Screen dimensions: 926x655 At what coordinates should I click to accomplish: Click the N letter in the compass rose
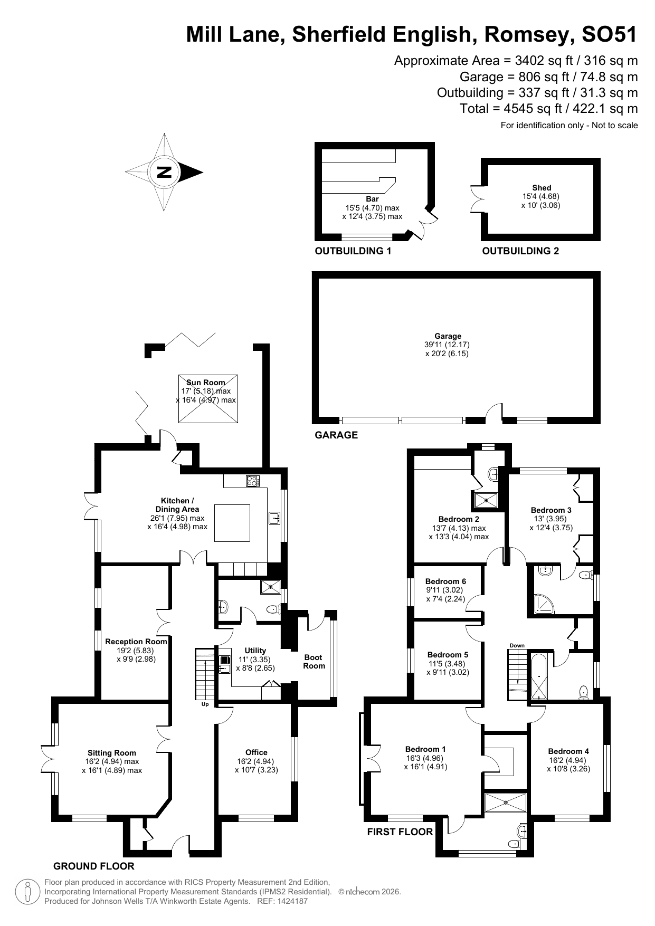[164, 172]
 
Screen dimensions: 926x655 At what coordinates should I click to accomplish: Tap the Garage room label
[448, 336]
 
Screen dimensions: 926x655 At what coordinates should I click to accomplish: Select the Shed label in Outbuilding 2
[542, 188]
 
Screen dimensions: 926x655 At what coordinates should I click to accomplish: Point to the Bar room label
[372, 199]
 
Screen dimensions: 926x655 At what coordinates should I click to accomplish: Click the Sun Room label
[206, 383]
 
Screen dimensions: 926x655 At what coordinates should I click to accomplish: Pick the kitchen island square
[232, 523]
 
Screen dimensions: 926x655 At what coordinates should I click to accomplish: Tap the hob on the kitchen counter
[253, 481]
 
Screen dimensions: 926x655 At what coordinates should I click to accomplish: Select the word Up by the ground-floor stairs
[205, 704]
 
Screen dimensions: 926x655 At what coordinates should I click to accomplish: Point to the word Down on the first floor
[517, 645]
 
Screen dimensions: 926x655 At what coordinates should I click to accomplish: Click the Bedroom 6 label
[445, 581]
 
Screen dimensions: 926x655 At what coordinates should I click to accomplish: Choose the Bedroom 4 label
[568, 751]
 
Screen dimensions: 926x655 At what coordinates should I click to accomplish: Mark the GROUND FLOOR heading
[94, 866]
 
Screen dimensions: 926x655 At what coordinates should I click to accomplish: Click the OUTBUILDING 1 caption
[353, 251]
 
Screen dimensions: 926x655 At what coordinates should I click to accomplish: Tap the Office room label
[257, 752]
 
